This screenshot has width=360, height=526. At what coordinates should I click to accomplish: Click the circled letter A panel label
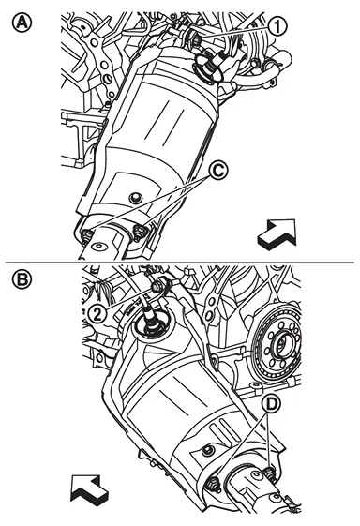point(22,23)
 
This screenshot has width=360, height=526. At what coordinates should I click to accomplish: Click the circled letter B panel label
point(22,279)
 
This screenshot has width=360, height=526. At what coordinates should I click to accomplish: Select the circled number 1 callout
point(277,26)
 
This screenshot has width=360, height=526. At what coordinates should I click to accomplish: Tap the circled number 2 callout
point(97,315)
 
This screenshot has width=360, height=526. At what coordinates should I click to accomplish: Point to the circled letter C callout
point(218,171)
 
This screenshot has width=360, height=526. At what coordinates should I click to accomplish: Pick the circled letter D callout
point(272,404)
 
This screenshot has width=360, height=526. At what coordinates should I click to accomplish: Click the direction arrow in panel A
point(277,234)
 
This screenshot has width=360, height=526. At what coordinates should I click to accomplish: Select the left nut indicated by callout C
point(87,236)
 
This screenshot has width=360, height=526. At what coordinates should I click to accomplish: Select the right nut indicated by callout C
point(140,233)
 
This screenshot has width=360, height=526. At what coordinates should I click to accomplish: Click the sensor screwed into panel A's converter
point(209,66)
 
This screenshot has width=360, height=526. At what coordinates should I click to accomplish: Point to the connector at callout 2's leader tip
point(157,287)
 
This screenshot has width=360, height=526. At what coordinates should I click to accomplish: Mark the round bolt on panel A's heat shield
point(135,198)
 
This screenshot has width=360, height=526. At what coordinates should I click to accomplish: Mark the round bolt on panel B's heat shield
point(208,450)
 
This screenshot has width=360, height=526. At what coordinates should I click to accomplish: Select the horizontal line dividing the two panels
point(180,262)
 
